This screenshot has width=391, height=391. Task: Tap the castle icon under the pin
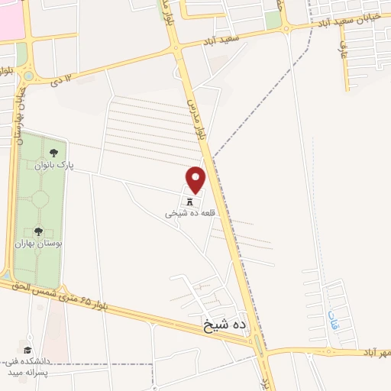(x=190, y=202)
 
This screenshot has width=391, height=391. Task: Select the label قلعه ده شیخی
(x=191, y=215)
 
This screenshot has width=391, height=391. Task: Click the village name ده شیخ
(x=225, y=325)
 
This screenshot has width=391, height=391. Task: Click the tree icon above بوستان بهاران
(x=38, y=231)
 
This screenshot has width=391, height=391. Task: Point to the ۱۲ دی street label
(x=64, y=79)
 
